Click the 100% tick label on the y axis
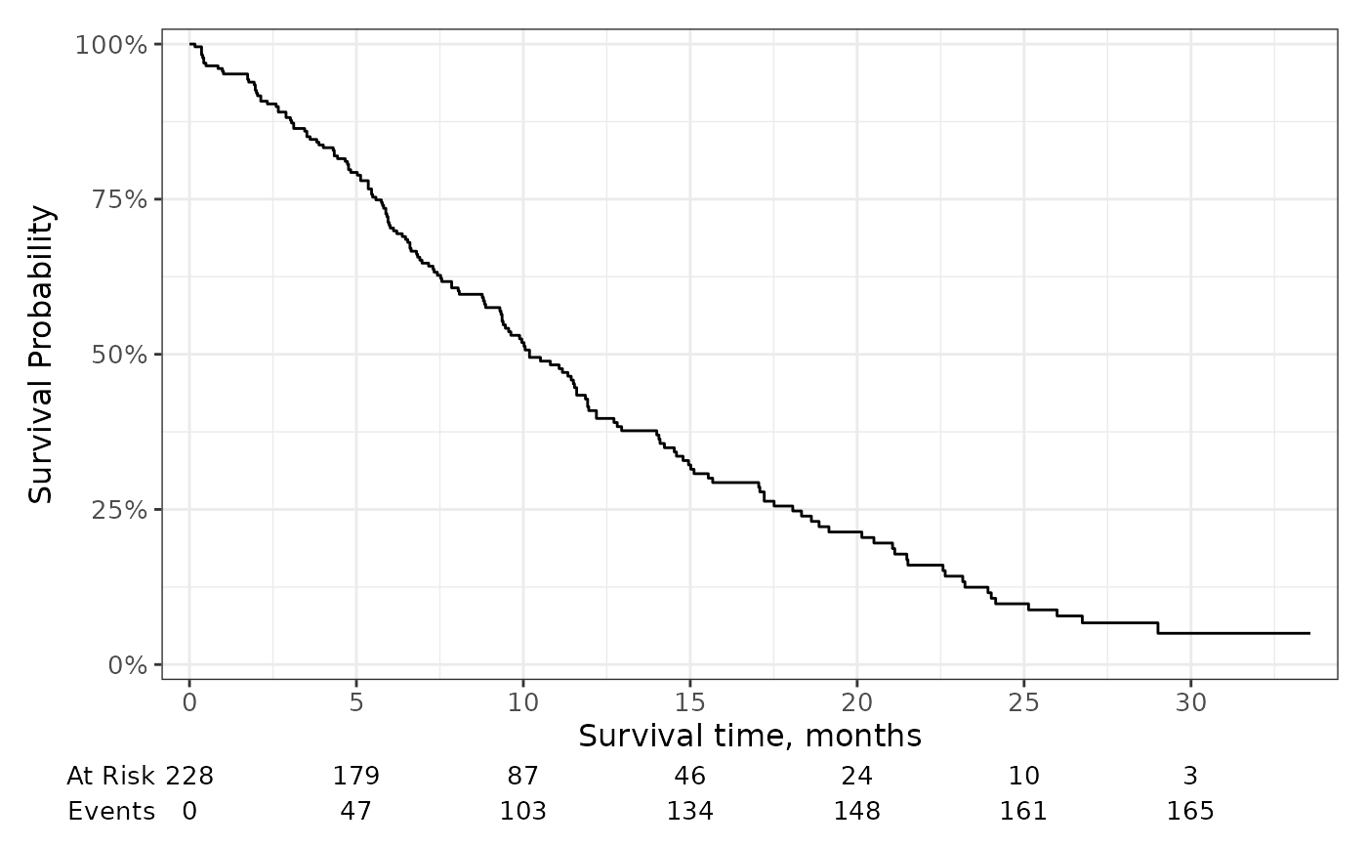[x=111, y=45]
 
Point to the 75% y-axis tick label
[x=119, y=199]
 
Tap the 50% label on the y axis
[x=119, y=355]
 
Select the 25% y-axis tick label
[x=119, y=510]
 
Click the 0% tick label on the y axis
[x=128, y=665]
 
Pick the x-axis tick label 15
[x=690, y=703]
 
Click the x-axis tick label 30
[x=1190, y=703]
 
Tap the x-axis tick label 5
[x=356, y=703]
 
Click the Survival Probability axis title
[x=41, y=355]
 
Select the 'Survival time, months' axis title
[x=750, y=736]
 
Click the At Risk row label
[x=110, y=777]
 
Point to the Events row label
[x=111, y=812]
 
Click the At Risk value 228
[x=189, y=777]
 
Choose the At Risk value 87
[x=523, y=777]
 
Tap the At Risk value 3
[x=1190, y=777]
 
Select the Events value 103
[x=523, y=812]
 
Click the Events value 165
[x=1190, y=812]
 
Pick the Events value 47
[x=356, y=812]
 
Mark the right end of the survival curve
[x=1309, y=634]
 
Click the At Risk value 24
[x=857, y=777]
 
